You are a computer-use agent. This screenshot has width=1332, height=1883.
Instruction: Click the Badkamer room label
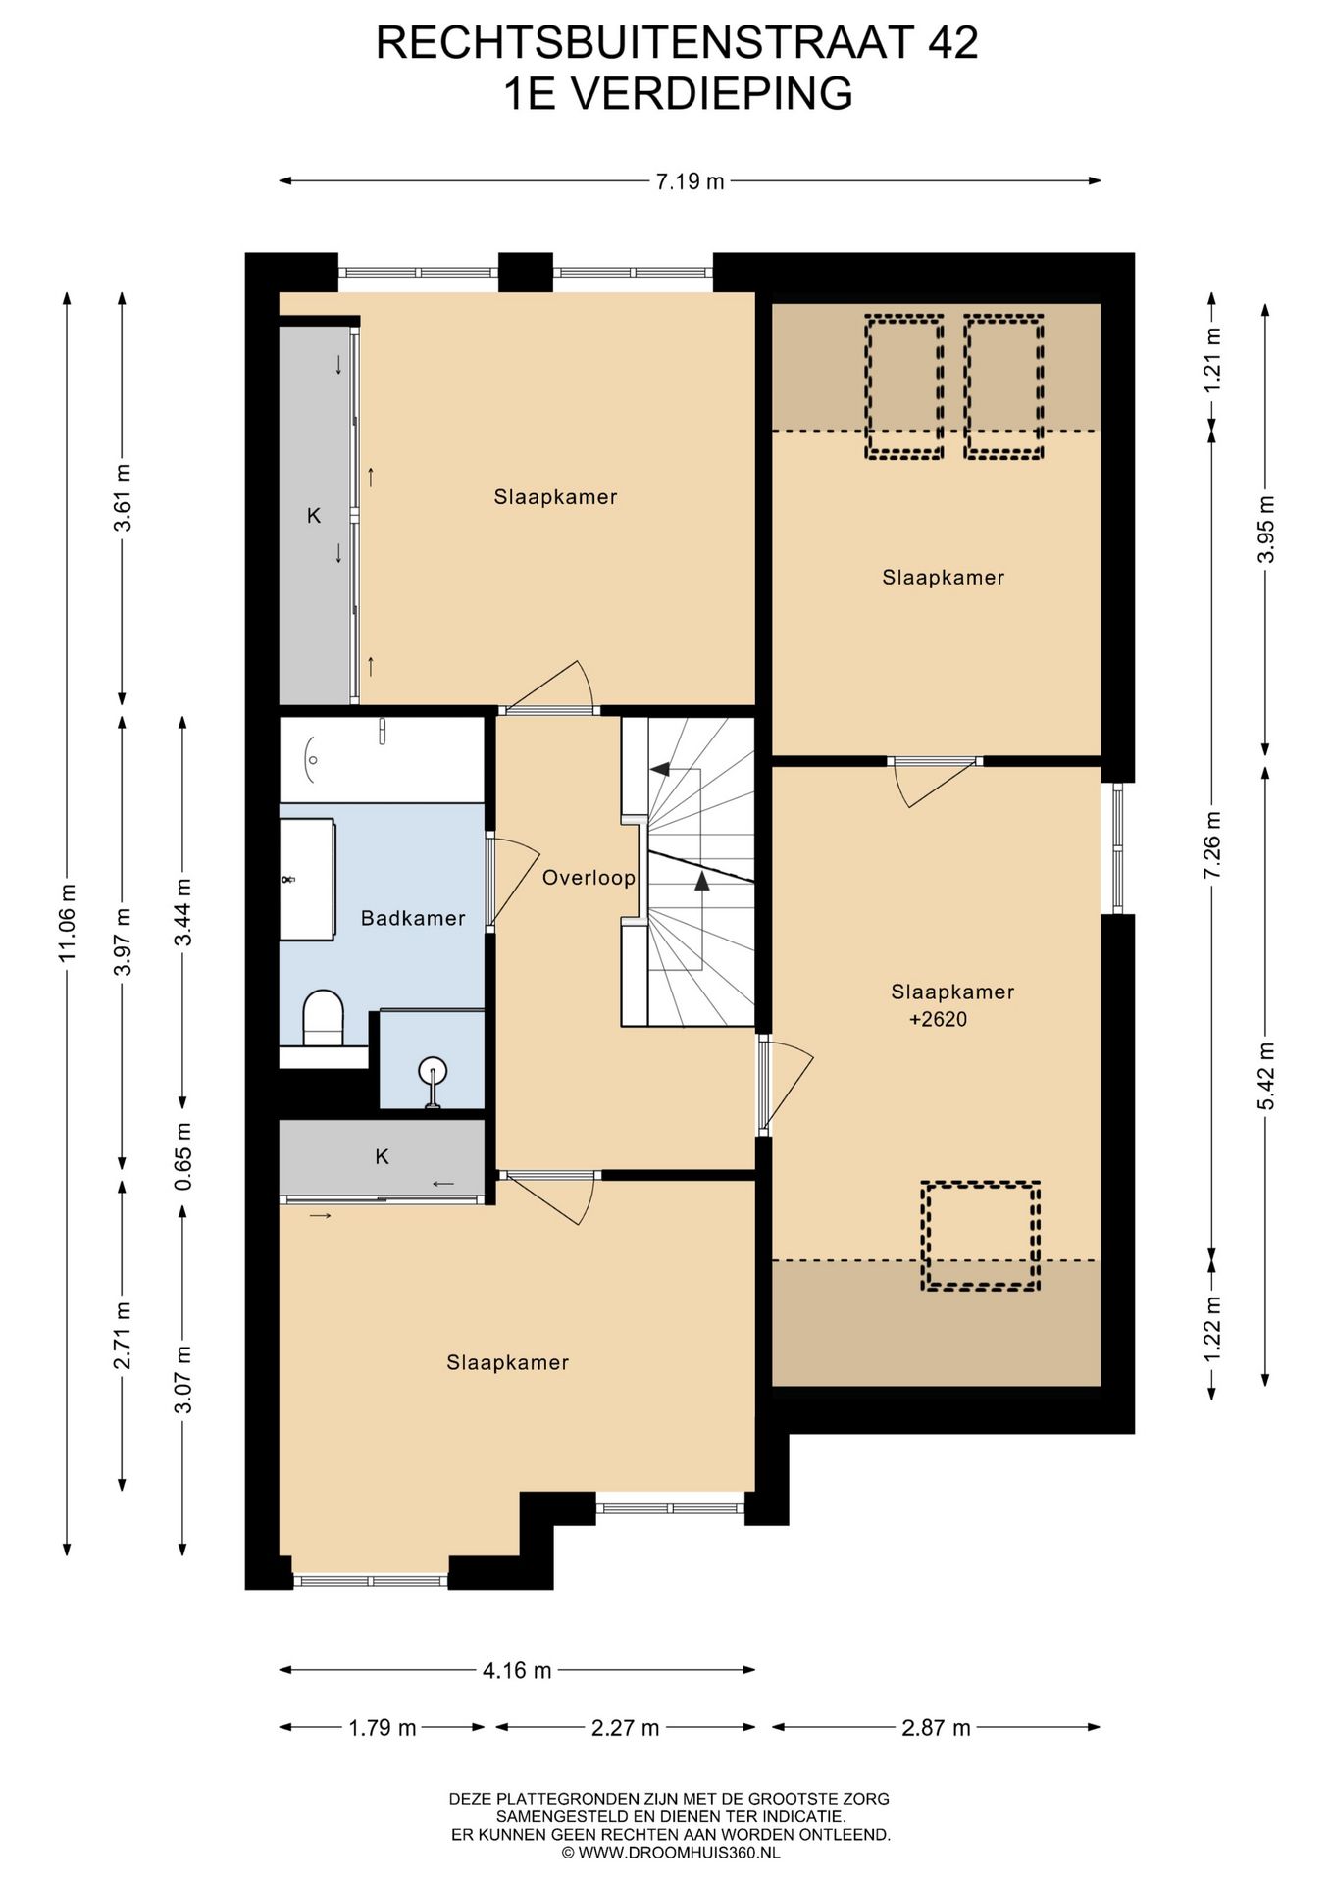tap(413, 919)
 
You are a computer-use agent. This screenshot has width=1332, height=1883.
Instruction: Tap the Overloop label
tap(589, 878)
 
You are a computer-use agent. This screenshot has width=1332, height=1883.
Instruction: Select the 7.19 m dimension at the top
tap(691, 181)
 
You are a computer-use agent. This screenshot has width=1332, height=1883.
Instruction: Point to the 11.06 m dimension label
tap(67, 922)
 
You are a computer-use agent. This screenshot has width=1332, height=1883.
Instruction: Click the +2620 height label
tap(938, 1019)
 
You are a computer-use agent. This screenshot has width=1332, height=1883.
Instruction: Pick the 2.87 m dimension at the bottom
tap(936, 1728)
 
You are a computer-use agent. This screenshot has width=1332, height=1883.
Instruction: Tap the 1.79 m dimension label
tap(383, 1728)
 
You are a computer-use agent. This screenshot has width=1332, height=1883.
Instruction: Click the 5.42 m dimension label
tap(1266, 1076)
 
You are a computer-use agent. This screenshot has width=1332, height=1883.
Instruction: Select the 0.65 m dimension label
tap(183, 1156)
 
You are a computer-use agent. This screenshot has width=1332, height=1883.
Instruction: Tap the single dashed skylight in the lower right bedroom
tap(980, 1236)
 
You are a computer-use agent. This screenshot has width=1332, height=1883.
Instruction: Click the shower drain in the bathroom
tap(433, 1070)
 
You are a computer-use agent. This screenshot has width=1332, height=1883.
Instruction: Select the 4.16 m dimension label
tap(517, 1670)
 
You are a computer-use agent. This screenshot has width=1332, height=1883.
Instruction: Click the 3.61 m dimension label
tap(123, 497)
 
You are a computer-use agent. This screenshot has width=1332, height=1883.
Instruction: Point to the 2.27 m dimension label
tap(625, 1728)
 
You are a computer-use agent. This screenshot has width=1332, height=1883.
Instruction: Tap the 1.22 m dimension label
tap(1212, 1328)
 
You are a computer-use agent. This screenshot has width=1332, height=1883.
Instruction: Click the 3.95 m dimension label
tap(1266, 530)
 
